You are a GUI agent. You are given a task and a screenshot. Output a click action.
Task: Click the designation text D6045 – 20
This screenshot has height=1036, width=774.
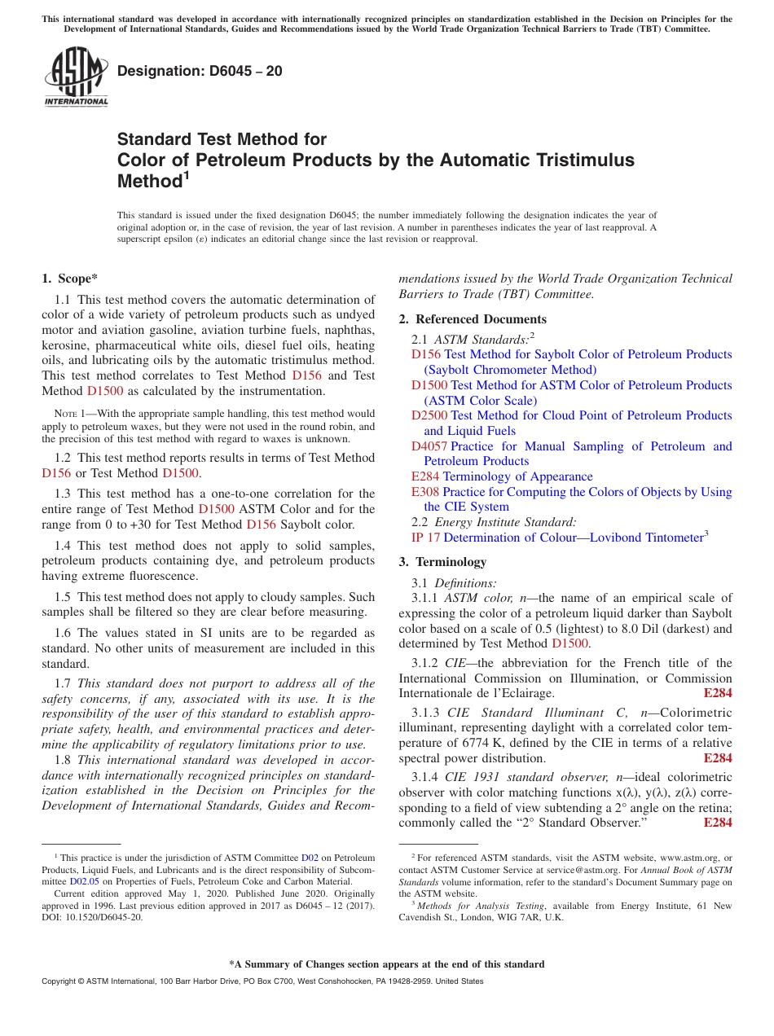[x=200, y=72]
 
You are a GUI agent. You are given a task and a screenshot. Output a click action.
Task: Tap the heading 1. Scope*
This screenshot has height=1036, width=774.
[x=70, y=279]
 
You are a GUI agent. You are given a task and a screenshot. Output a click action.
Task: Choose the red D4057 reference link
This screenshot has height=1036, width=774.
[x=429, y=446]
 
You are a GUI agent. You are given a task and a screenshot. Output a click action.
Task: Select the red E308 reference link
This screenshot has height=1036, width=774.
[x=424, y=492]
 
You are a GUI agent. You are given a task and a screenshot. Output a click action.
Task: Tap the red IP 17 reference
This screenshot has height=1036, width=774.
[x=425, y=538]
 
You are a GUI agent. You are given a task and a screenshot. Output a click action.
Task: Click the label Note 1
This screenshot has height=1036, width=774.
[x=69, y=415]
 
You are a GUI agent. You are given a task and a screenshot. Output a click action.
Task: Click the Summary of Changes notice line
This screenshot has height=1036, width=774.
[x=386, y=964]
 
